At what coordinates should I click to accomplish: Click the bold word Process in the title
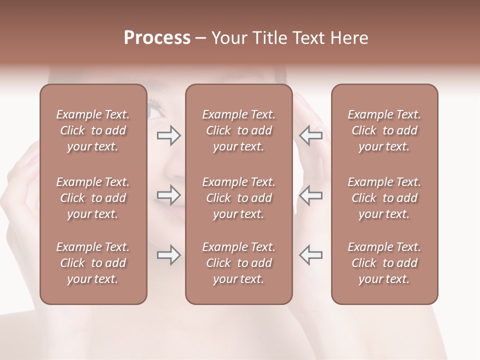coord(157,38)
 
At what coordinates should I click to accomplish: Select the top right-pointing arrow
coord(168,135)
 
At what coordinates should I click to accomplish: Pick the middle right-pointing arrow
coord(168,194)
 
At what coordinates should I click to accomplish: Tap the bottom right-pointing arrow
coord(168,255)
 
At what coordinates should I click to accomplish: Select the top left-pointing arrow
coord(310,135)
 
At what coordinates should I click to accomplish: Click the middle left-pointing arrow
coord(310,194)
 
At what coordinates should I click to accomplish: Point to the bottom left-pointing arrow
coord(310,255)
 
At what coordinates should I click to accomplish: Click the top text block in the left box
coord(93,130)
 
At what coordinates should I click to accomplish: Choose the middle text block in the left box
coord(93,198)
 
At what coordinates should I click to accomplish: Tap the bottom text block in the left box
coord(93,263)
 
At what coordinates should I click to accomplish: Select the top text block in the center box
coord(239,130)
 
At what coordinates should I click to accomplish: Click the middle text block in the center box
coord(239,198)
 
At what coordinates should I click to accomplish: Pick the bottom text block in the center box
coord(239,263)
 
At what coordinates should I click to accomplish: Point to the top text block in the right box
coord(384,130)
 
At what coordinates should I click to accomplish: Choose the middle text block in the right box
coord(384,198)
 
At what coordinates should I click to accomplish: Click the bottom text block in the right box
coord(384,263)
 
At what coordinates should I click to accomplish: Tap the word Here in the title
coord(350,38)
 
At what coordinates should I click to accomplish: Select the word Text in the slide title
coord(311,38)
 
